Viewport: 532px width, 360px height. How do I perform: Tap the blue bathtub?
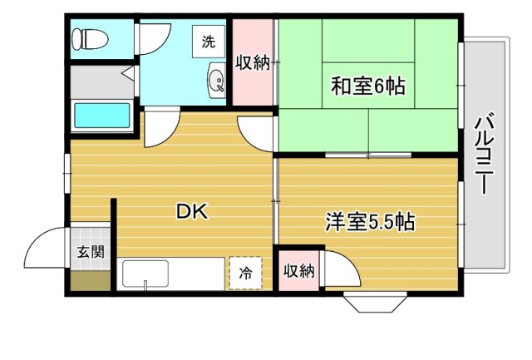[x=101, y=116]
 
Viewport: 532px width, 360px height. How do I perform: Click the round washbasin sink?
[x=216, y=81]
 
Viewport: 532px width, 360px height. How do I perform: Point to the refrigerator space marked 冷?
[x=245, y=272]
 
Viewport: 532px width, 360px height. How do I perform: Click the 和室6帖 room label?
[x=368, y=85]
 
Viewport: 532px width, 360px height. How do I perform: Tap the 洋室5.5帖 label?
[x=370, y=223]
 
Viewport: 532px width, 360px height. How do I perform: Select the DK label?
[x=192, y=211]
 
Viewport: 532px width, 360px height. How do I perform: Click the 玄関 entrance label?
[x=91, y=252]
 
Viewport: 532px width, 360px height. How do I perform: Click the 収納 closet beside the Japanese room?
[x=253, y=63]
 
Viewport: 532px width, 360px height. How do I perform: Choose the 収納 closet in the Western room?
[x=298, y=269]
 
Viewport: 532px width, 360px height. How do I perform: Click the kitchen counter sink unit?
[x=146, y=274]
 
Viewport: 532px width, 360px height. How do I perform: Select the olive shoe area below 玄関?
[x=90, y=281]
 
